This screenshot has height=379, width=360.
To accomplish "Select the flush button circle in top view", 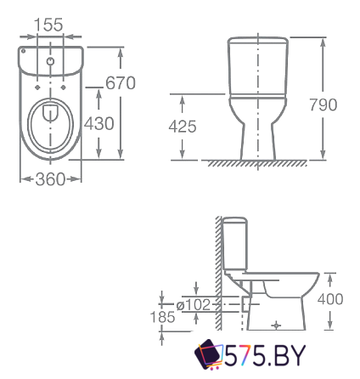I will pos(50,62).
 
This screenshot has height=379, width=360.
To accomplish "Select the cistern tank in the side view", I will pos(233,246).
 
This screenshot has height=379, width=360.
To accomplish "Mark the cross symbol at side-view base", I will pos(274,324).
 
